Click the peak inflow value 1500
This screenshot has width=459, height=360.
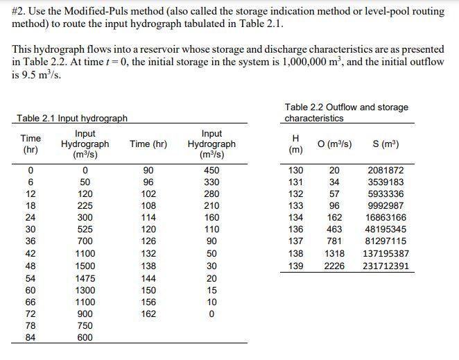[85, 266]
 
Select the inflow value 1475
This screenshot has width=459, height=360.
[85, 278]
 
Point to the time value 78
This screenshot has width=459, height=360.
[30, 325]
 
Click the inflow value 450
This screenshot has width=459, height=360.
[211, 171]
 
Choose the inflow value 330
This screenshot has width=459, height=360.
[211, 182]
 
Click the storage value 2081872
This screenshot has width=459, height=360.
[386, 171]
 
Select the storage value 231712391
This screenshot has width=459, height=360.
[386, 266]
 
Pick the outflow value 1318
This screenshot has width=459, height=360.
[334, 254]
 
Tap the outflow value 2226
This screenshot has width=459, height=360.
[334, 266]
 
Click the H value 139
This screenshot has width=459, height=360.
[296, 266]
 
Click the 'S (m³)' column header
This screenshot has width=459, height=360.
[386, 144]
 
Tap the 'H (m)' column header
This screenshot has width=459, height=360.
[296, 144]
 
